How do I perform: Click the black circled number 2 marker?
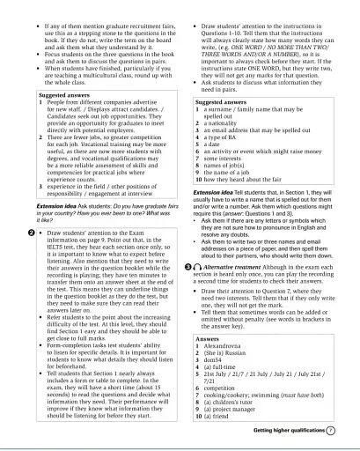click(x=7, y=232)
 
